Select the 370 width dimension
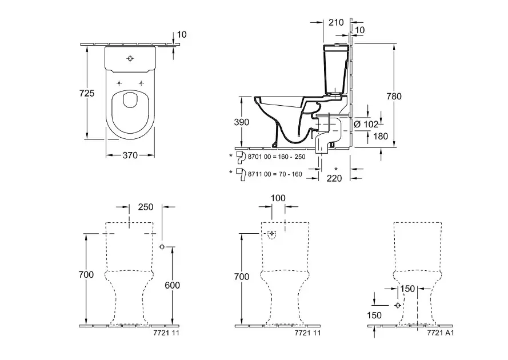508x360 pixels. tap(130, 155)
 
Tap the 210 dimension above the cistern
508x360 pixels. tap(337, 23)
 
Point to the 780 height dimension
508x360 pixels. tap(394, 96)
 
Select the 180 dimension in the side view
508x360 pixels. tap(365, 136)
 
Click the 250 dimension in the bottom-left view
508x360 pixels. tap(146, 207)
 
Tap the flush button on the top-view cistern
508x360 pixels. tap(130, 58)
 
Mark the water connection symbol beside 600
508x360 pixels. tap(162, 247)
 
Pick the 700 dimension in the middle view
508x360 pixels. tap(242, 277)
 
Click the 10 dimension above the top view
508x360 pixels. tap(182, 34)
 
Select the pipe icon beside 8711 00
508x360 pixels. tap(242, 174)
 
